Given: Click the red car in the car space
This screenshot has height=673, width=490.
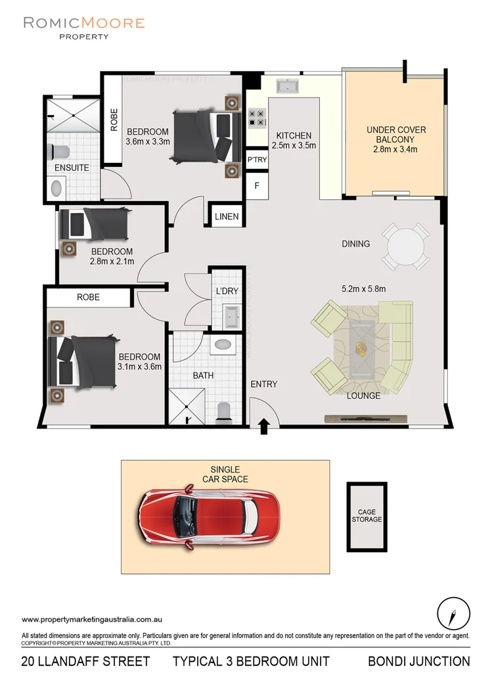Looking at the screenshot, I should point(210,512).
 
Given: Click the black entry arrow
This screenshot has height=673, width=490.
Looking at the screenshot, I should point(264,427).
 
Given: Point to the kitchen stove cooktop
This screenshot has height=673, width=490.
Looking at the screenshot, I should point(256,118).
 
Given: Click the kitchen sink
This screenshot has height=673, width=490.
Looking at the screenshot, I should point(288,87).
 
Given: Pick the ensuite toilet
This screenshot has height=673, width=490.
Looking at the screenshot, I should point(61,151).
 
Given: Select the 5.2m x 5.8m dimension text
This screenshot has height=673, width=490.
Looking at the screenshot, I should point(363,289).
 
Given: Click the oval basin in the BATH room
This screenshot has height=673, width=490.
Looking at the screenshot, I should point(223,344).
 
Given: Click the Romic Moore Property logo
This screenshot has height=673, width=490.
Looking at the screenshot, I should point(83,28).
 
